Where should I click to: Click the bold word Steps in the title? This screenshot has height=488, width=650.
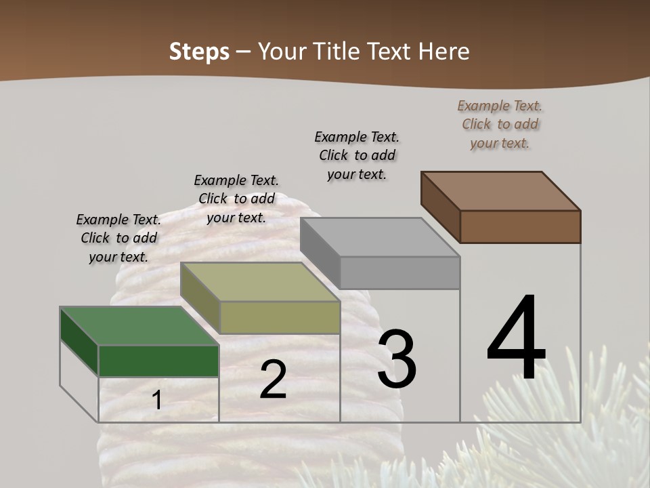click(199, 52)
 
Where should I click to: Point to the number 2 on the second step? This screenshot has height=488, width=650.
click(273, 380)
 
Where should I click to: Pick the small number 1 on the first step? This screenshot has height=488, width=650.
click(157, 401)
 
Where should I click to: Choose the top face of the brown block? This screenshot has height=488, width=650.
click(500, 190)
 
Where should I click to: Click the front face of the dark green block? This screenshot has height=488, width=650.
click(158, 361)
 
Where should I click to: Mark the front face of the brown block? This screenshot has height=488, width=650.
click(520, 226)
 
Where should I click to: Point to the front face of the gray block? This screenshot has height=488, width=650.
click(399, 272)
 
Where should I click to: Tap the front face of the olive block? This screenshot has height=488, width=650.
click(280, 317)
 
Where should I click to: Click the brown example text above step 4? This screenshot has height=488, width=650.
click(500, 124)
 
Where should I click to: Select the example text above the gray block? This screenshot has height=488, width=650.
click(357, 155)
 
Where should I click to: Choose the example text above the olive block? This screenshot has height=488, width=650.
click(236, 199)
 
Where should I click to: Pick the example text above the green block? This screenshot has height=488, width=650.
click(118, 238)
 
